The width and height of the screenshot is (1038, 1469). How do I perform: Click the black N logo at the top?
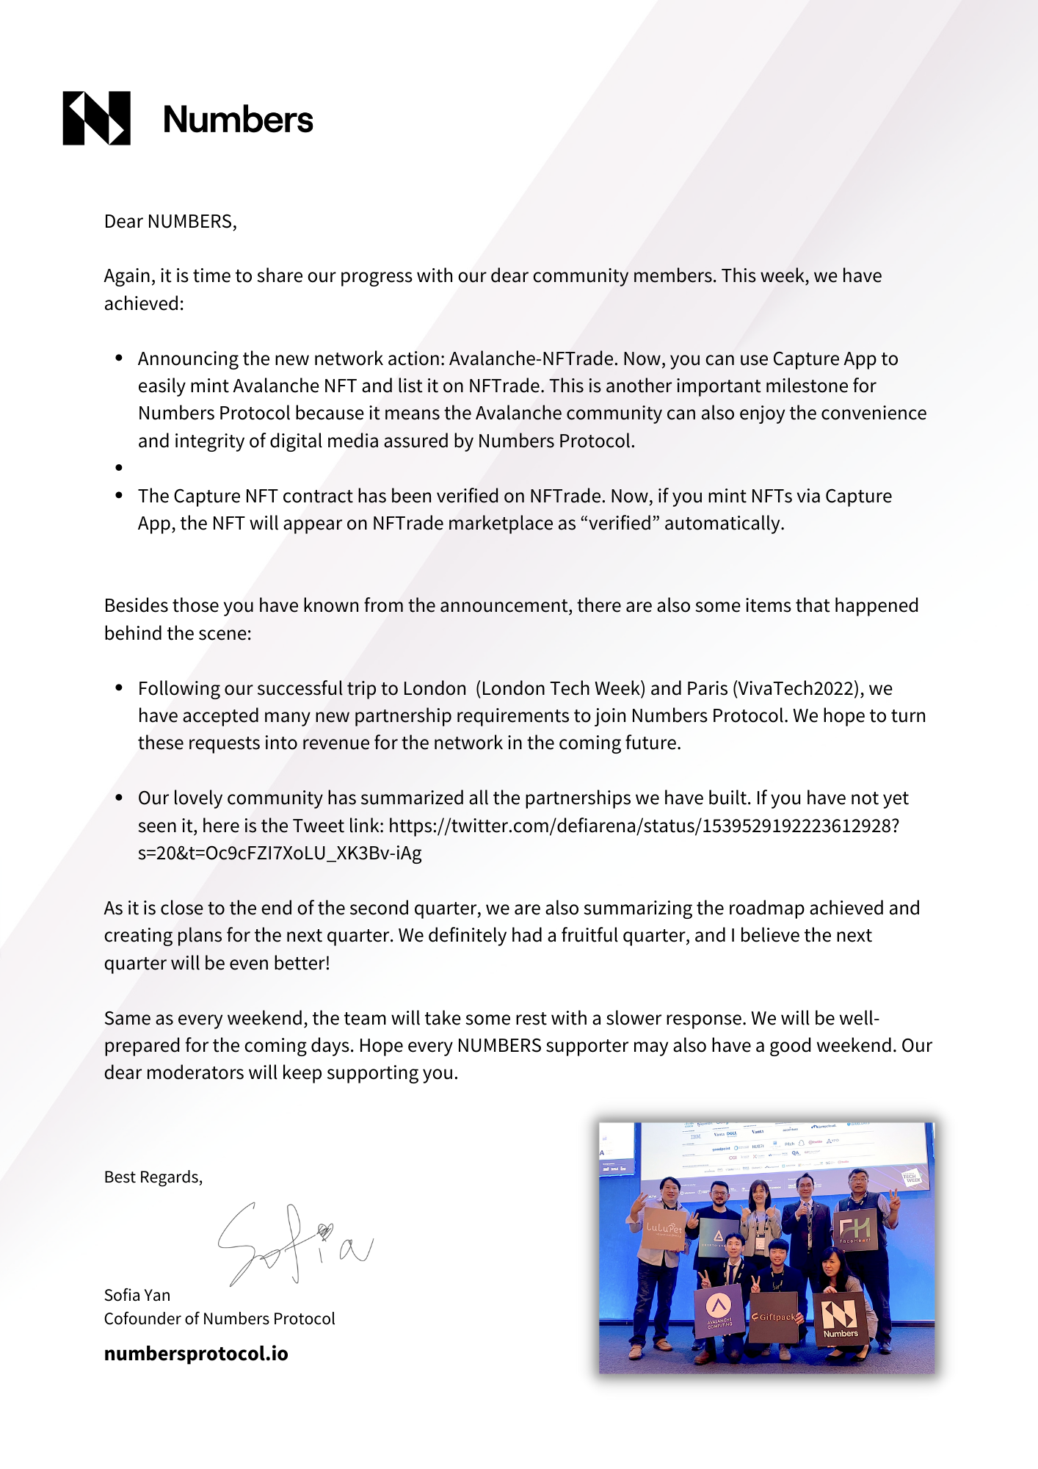(x=96, y=118)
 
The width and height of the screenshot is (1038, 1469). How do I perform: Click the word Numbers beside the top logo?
(x=238, y=120)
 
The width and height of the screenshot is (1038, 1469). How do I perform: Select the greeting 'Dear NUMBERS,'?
(x=170, y=222)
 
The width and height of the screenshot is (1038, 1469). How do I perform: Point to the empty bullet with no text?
(x=119, y=468)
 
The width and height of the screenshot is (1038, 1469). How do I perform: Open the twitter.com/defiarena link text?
(x=644, y=826)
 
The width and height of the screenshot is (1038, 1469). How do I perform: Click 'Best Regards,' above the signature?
(x=153, y=1177)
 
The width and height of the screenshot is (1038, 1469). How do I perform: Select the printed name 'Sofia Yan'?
(x=137, y=1295)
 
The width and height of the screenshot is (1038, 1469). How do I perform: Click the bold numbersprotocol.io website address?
(x=196, y=1353)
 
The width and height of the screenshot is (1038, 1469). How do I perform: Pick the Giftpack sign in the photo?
(x=774, y=1318)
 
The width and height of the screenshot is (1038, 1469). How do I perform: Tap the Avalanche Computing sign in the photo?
(x=719, y=1311)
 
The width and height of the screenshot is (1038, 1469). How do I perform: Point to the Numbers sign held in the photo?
(x=840, y=1318)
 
